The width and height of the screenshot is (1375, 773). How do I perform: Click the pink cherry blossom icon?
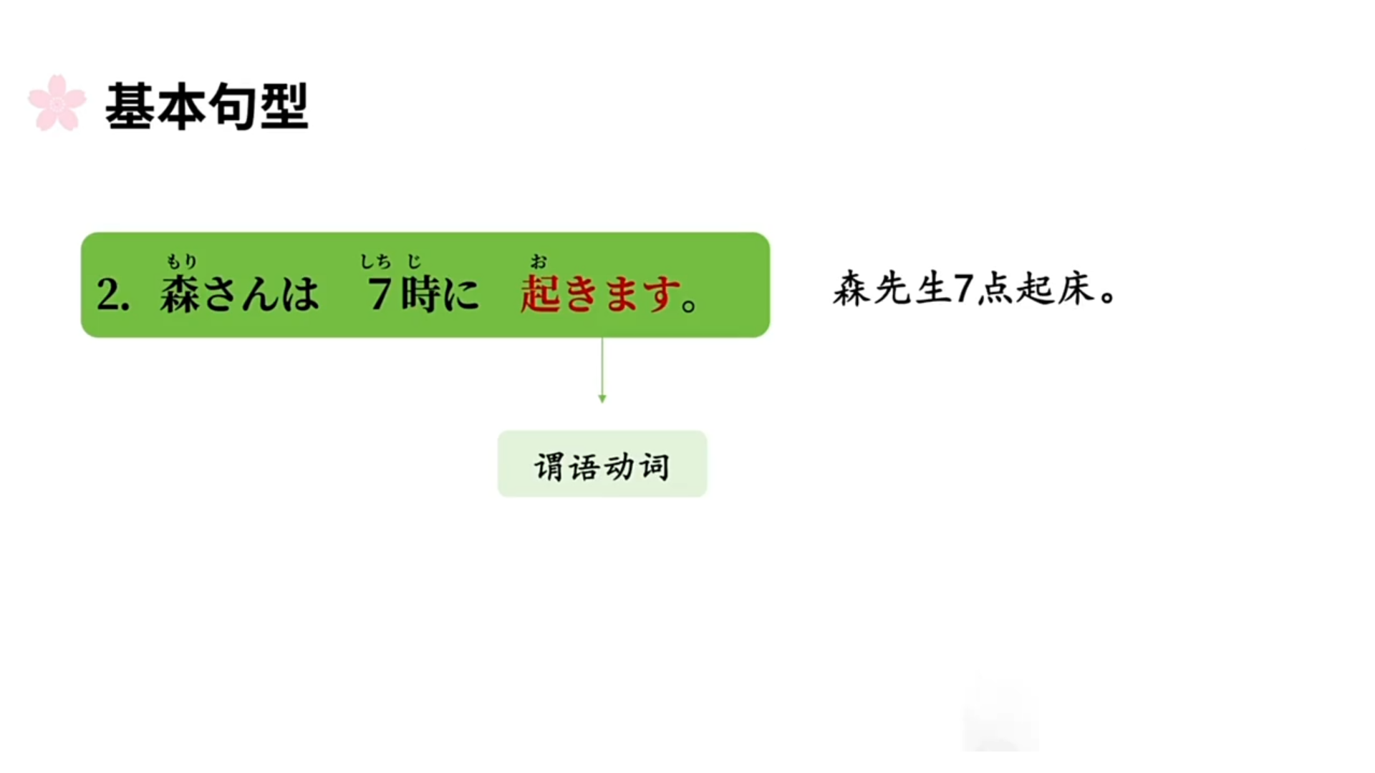[x=57, y=104]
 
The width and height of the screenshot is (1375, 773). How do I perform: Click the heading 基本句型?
[x=207, y=107]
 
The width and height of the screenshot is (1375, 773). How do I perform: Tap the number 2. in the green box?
[x=113, y=294]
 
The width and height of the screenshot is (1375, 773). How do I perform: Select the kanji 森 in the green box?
[x=180, y=294]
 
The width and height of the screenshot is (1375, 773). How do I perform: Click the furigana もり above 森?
[x=181, y=261]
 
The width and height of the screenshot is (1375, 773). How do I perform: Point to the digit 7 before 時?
[x=379, y=294]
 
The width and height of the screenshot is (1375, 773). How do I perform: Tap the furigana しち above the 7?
[x=375, y=262]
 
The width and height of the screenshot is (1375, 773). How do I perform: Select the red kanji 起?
[x=540, y=294]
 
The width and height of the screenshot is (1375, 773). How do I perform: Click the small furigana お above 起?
[x=539, y=262]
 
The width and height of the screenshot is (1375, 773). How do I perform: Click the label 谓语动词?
[x=602, y=466]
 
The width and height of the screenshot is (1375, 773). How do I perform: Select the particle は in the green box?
[x=299, y=294]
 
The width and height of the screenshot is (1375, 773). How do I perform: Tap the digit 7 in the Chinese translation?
[x=964, y=290]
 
